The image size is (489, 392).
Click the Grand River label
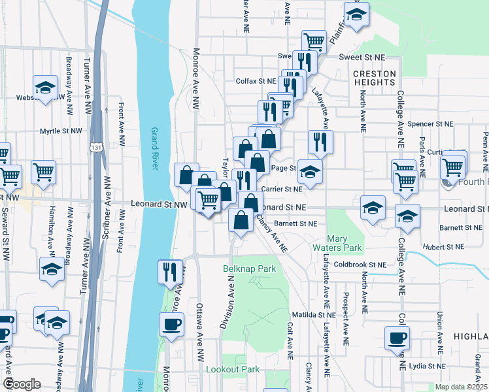155,149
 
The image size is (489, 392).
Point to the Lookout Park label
233,369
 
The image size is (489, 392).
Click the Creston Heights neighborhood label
375,78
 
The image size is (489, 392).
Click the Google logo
22,384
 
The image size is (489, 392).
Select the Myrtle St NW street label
61,131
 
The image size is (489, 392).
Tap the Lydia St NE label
426,367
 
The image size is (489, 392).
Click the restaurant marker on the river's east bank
170,271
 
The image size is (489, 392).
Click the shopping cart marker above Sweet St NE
314,42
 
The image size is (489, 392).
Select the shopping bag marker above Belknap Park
241,221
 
